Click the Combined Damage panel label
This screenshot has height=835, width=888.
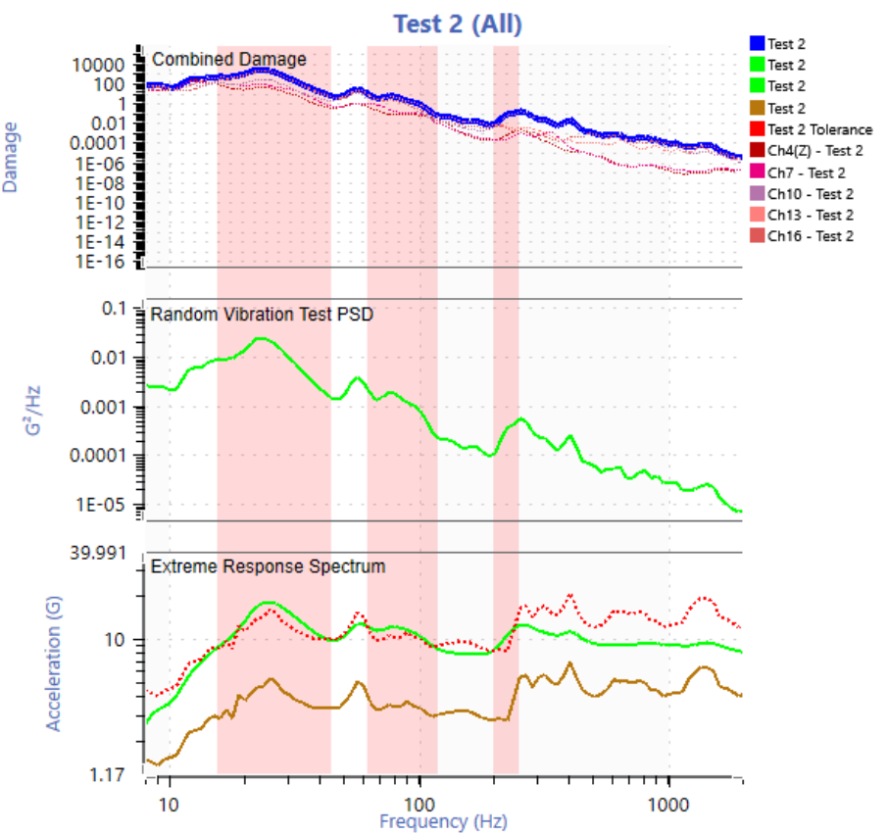pyautogui.click(x=228, y=60)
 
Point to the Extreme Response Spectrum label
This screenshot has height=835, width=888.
pyautogui.click(x=268, y=566)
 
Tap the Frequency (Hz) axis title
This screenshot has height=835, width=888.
pyautogui.click(x=444, y=821)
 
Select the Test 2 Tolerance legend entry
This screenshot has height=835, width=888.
pyautogui.click(x=819, y=129)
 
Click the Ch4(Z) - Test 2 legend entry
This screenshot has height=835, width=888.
pyautogui.click(x=814, y=151)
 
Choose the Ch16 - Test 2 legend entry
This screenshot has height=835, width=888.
pyautogui.click(x=810, y=236)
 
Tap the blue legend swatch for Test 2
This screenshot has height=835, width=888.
pyautogui.click(x=756, y=44)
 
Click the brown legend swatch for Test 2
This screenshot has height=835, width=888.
pyautogui.click(x=756, y=108)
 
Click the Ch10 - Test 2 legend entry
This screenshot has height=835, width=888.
pyautogui.click(x=810, y=194)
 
